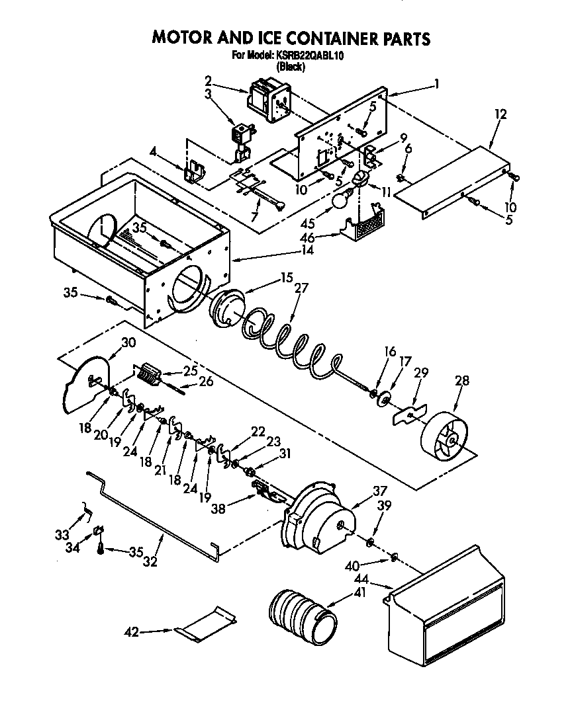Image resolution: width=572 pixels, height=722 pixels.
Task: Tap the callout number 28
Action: (x=463, y=381)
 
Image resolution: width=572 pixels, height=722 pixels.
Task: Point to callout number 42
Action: (x=132, y=633)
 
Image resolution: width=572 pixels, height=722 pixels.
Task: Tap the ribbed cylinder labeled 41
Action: (x=302, y=610)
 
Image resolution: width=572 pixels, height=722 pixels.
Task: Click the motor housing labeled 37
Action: (x=318, y=522)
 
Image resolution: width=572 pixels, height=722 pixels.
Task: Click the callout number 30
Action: (x=128, y=342)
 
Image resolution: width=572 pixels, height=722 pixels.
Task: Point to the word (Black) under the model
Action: (x=290, y=66)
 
